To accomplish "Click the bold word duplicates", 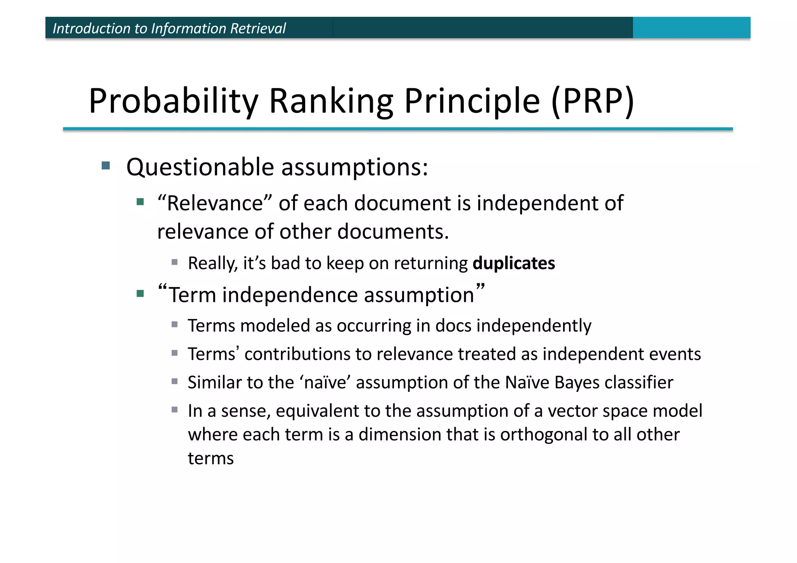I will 513,263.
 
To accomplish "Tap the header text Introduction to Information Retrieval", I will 169,28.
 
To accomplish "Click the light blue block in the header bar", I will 691,28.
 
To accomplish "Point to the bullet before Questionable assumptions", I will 105,166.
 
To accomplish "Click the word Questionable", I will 200,167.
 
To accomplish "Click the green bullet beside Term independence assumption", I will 140,293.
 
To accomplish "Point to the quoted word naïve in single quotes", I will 325,382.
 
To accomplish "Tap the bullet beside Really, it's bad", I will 175,262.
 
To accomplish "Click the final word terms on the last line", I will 211,458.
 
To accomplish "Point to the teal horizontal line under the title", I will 398,129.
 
